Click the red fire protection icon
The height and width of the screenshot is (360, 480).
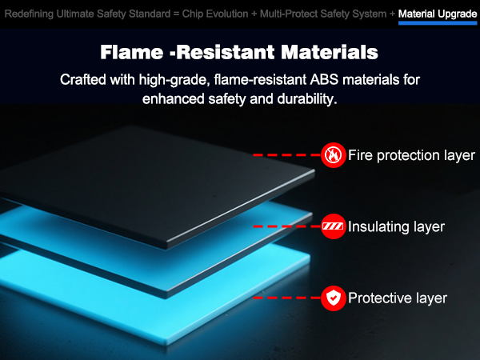tap(334, 155)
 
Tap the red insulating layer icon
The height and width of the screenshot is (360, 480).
tap(334, 226)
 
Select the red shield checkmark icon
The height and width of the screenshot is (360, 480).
tap(334, 298)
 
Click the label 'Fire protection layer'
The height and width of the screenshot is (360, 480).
tap(411, 155)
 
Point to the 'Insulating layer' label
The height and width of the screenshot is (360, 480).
tap(396, 227)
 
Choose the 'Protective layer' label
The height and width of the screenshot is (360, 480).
tap(398, 298)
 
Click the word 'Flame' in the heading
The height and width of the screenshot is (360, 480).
tap(132, 52)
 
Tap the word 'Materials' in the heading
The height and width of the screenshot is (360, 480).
tap(330, 52)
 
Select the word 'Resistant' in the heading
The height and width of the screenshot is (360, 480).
tap(226, 52)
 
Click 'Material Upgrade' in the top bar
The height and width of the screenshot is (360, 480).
tap(438, 14)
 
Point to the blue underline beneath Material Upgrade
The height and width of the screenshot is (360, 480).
tap(438, 23)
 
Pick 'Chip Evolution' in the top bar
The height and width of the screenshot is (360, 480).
tap(215, 14)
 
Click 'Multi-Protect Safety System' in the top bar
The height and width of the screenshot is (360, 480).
tap(323, 14)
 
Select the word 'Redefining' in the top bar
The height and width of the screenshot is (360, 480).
tap(29, 14)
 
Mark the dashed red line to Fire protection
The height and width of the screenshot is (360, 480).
tap(287, 155)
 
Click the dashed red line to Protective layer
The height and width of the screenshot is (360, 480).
tap(287, 298)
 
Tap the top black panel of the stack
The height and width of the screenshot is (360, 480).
tap(153, 181)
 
